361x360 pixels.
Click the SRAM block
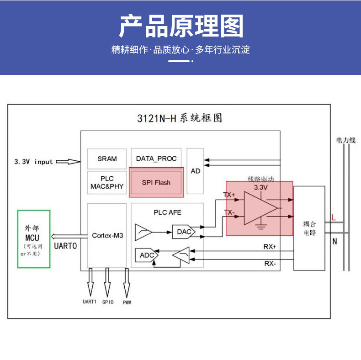[107, 159]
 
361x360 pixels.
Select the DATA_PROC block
[156, 159]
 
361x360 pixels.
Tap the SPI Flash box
[156, 182]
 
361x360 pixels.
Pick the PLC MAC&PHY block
[107, 182]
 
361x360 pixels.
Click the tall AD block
[196, 171]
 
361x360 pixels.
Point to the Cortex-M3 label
[107, 235]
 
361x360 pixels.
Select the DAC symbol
[184, 232]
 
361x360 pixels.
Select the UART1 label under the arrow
[90, 302]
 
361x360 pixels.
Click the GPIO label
[108, 302]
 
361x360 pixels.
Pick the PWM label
[127, 302]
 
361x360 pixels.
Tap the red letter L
[334, 217]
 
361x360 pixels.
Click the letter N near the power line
[334, 242]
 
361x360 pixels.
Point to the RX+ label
[270, 247]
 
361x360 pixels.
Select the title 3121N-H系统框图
[180, 118]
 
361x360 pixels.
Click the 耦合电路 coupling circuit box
[309, 228]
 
